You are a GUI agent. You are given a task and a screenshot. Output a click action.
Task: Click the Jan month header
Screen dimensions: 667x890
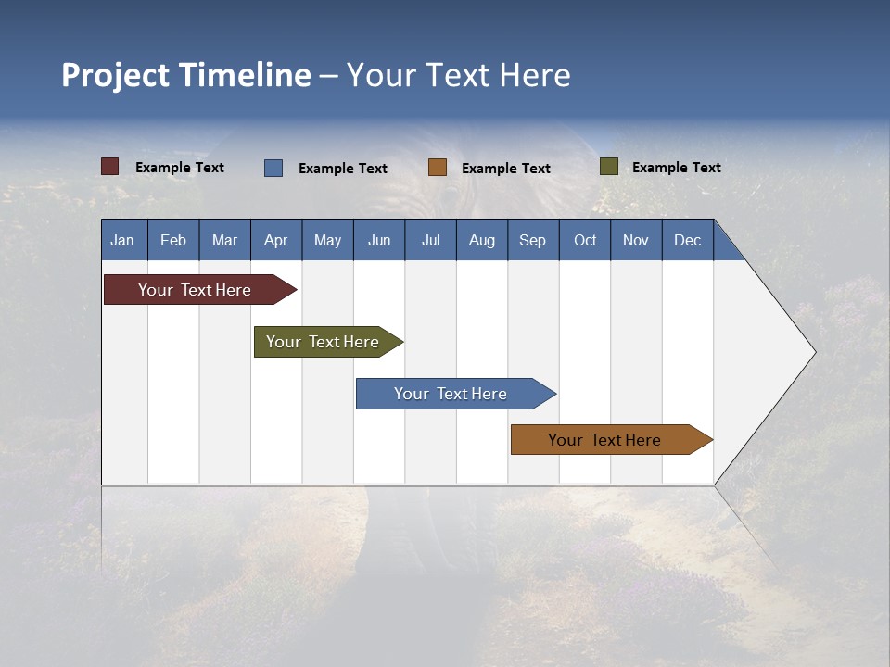tap(122, 240)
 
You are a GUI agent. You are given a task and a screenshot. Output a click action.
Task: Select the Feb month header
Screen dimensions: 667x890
tap(173, 240)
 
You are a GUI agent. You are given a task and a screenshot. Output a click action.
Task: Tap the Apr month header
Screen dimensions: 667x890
tap(275, 240)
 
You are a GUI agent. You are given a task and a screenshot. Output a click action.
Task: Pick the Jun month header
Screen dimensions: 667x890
tap(379, 240)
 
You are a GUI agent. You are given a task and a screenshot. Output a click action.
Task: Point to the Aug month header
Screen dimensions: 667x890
tap(481, 240)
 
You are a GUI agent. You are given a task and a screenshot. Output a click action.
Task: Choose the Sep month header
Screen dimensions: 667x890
tap(532, 240)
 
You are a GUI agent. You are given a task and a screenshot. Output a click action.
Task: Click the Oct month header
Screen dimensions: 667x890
tap(585, 240)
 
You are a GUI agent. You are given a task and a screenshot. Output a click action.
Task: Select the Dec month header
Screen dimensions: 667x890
tap(687, 240)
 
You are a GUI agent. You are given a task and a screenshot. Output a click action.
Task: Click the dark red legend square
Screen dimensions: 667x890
tap(110, 167)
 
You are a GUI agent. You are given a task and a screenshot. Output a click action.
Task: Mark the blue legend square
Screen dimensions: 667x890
tap(273, 168)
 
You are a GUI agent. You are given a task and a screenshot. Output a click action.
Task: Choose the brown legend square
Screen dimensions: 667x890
tap(438, 168)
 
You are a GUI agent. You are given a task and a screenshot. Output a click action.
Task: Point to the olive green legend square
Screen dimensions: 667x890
tap(609, 167)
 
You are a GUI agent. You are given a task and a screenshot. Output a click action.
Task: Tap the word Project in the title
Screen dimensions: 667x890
tap(116, 75)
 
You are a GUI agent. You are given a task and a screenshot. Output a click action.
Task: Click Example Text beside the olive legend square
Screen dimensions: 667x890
tap(676, 168)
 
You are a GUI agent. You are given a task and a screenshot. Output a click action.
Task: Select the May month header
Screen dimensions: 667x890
tap(327, 240)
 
